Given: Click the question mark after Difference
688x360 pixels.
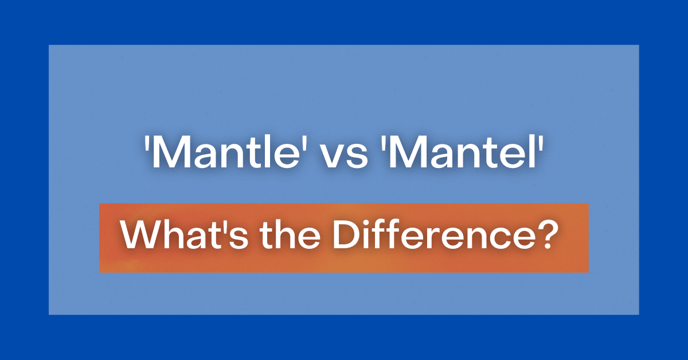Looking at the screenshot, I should point(549,235).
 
